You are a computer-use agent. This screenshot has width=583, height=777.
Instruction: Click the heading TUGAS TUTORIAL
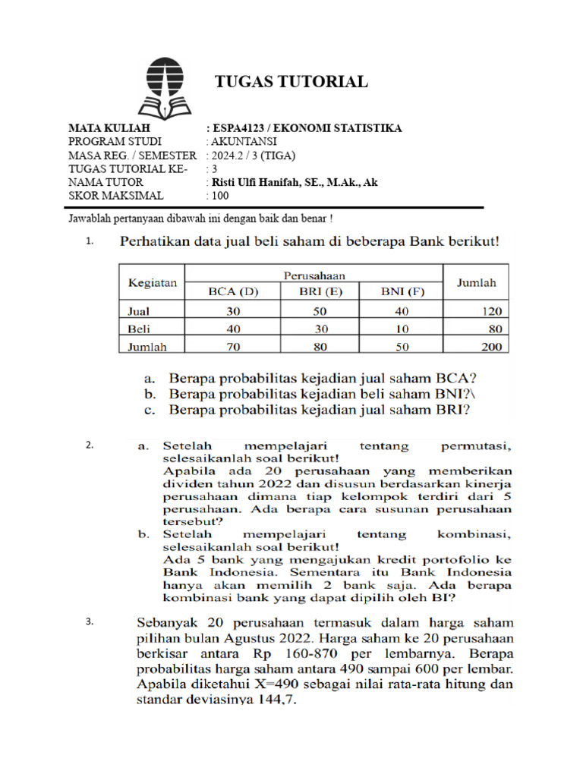(x=292, y=82)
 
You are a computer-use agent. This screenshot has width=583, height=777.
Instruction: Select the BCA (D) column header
(x=234, y=291)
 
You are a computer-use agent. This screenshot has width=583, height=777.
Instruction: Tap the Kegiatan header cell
(x=152, y=282)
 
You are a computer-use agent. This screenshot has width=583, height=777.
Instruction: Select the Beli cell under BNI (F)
(x=401, y=329)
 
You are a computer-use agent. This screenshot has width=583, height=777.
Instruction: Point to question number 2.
(x=89, y=445)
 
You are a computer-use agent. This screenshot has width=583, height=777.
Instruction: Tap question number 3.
(x=89, y=623)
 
